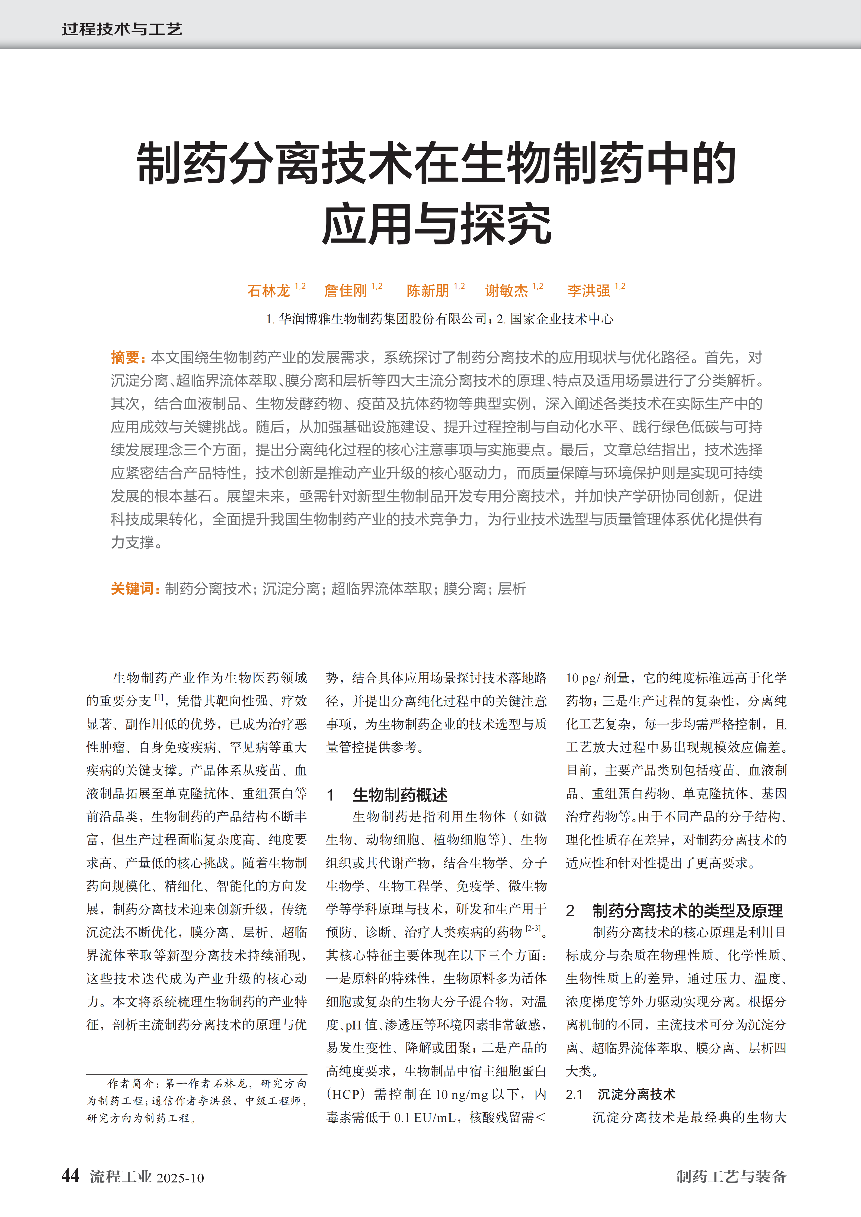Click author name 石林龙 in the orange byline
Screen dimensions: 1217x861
(x=268, y=290)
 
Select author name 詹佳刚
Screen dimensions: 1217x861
(x=345, y=290)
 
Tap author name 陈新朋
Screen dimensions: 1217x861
(x=428, y=290)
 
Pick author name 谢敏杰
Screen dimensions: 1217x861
(x=506, y=290)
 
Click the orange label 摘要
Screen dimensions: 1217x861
(x=125, y=358)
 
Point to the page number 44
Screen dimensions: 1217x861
(x=71, y=1176)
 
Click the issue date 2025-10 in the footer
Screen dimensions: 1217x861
(x=180, y=1178)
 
